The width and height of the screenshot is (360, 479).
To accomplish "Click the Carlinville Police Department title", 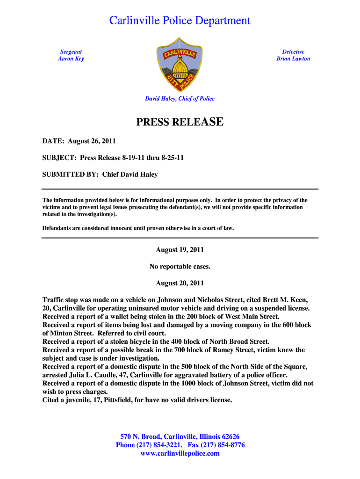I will point(180,21).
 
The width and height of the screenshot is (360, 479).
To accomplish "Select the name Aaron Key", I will point(71,59).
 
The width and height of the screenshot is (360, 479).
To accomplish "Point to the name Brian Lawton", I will point(293,59).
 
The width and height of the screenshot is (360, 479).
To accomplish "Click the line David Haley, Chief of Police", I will point(180,99).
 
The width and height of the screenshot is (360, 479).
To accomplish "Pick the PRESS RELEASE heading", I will point(180,123).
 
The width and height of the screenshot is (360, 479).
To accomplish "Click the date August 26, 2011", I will point(92,141).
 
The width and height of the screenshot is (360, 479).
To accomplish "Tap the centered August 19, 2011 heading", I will point(180,250).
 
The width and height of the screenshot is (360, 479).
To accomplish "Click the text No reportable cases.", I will point(180,267).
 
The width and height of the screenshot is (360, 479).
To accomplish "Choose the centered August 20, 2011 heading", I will point(180,283).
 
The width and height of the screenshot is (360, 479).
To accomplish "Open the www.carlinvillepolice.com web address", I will point(180,453).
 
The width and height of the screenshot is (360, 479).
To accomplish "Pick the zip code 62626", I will point(229,436).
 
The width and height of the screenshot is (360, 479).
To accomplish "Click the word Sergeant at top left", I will point(71,52).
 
